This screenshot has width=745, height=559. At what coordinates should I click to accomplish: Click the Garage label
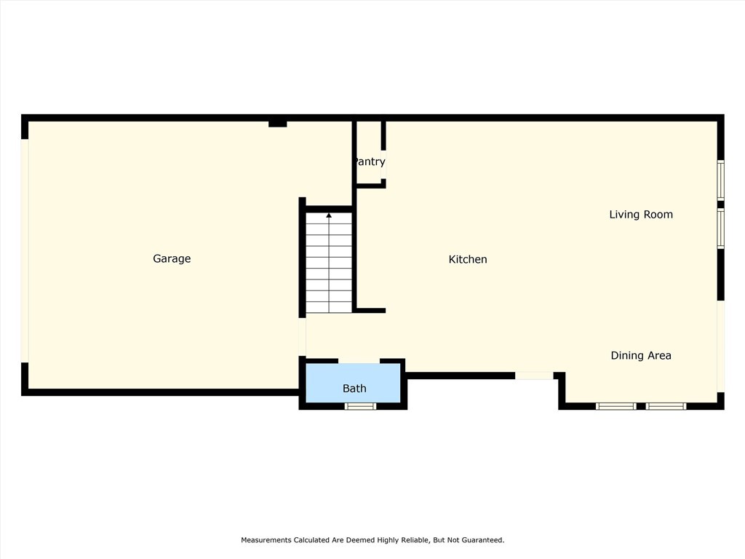[172, 258]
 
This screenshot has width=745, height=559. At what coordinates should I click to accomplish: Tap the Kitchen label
[467, 259]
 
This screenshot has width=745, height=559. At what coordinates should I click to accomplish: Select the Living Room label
[640, 214]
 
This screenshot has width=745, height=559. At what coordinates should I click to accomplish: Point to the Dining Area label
[640, 355]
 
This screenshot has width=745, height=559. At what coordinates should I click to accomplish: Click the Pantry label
[370, 162]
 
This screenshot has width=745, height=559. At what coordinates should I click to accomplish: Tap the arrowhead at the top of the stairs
[329, 215]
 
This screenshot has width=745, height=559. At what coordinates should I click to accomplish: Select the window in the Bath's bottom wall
[360, 405]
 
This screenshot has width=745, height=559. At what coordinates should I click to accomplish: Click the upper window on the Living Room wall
[720, 180]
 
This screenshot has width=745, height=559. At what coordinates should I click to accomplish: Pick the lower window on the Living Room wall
[720, 229]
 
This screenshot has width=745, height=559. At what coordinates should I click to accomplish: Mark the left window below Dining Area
[615, 405]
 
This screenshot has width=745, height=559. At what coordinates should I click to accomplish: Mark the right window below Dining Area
[666, 405]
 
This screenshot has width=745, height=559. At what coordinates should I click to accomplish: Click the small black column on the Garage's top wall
[277, 123]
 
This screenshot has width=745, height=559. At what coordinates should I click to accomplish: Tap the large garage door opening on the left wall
[25, 250]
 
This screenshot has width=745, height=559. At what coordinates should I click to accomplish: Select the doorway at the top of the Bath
[359, 360]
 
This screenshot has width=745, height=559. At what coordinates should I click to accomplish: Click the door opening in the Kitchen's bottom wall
[534, 376]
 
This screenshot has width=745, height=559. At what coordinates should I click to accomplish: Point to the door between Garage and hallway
[302, 336]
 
